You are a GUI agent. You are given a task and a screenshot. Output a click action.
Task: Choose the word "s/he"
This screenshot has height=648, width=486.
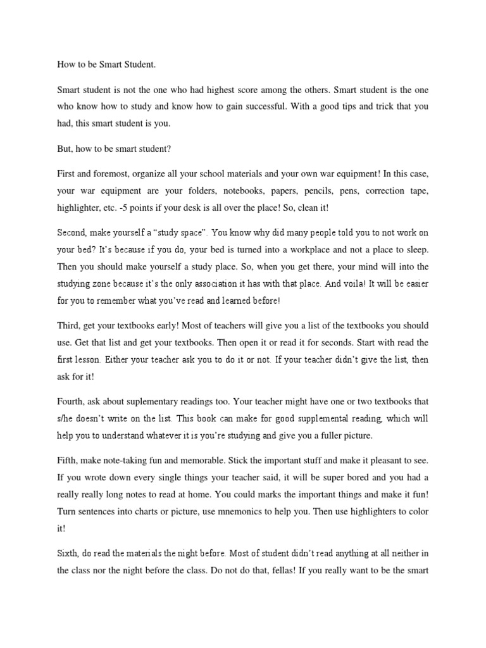(65, 419)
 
